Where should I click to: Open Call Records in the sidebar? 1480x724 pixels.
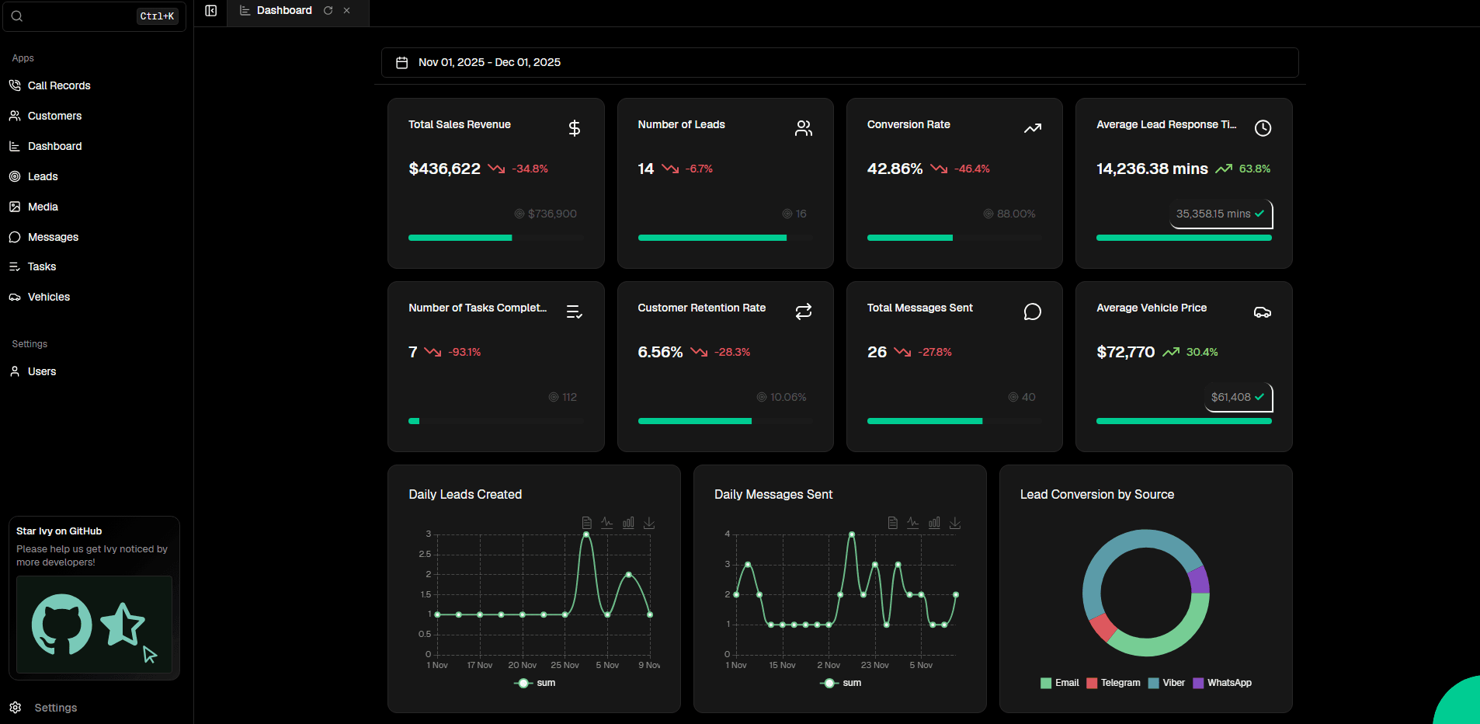point(59,85)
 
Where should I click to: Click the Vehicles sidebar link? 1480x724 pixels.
point(49,297)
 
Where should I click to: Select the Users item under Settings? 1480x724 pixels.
point(42,371)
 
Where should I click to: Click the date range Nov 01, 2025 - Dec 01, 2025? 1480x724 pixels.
point(489,62)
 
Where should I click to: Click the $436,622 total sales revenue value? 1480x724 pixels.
point(444,169)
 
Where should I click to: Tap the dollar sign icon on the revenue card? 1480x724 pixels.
point(575,128)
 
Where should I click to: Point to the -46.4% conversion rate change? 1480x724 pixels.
point(971,169)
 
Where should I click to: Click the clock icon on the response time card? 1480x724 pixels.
point(1263,128)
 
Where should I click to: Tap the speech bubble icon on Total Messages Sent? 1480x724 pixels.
point(1032,312)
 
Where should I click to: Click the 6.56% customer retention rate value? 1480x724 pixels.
point(660,352)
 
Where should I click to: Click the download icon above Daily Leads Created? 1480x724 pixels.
point(649,523)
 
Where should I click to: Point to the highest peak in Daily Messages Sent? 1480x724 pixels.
point(852,534)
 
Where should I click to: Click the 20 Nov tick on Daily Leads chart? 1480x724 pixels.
point(522,665)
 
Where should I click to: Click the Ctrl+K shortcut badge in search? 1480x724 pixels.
point(157,16)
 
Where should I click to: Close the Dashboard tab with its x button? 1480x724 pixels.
point(347,10)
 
